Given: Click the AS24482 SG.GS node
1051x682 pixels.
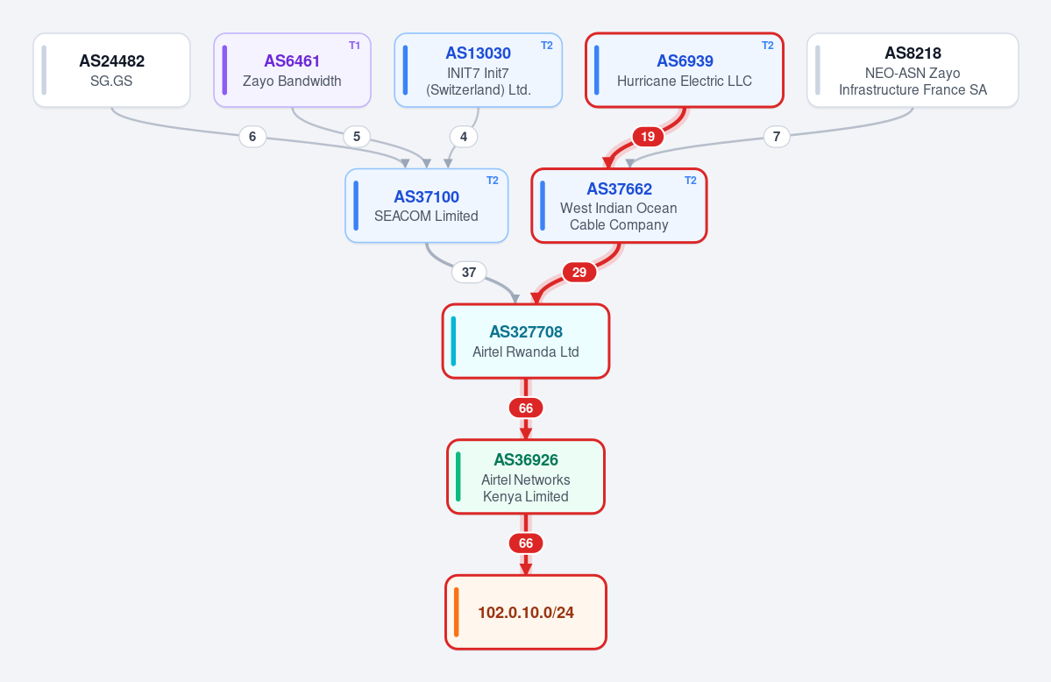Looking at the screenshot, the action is point(111,70).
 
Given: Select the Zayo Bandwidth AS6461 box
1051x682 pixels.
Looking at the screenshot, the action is point(292,70).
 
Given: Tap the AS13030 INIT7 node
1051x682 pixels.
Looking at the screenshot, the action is point(478,70).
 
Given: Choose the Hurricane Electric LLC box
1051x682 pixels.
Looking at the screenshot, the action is point(685,70).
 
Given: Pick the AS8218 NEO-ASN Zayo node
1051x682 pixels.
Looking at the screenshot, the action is point(913,70).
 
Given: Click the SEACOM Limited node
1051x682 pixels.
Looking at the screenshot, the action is point(426,206).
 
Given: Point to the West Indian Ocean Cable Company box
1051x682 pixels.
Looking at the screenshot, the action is point(619,206).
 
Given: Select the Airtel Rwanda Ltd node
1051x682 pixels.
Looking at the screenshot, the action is point(526,341).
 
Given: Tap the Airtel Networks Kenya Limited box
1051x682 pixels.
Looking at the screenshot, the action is point(526,477).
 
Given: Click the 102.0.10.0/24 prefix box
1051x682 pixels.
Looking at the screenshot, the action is point(526,612).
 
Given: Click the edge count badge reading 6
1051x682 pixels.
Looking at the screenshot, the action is point(252,137).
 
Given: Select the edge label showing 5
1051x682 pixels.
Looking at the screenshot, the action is point(357,137).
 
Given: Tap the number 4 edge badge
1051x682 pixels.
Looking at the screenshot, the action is point(463,137).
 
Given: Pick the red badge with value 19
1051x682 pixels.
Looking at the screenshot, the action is point(648,137).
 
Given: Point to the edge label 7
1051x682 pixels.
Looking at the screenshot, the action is point(776,137).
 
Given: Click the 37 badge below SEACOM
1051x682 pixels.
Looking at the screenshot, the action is point(469,273).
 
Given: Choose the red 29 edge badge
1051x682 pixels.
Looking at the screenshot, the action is point(579,273).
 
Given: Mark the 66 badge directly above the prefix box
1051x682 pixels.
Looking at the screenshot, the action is point(526,543).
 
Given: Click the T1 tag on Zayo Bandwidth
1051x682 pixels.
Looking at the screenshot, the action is point(355,46).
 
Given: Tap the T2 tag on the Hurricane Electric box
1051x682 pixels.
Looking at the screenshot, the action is point(768,46).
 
